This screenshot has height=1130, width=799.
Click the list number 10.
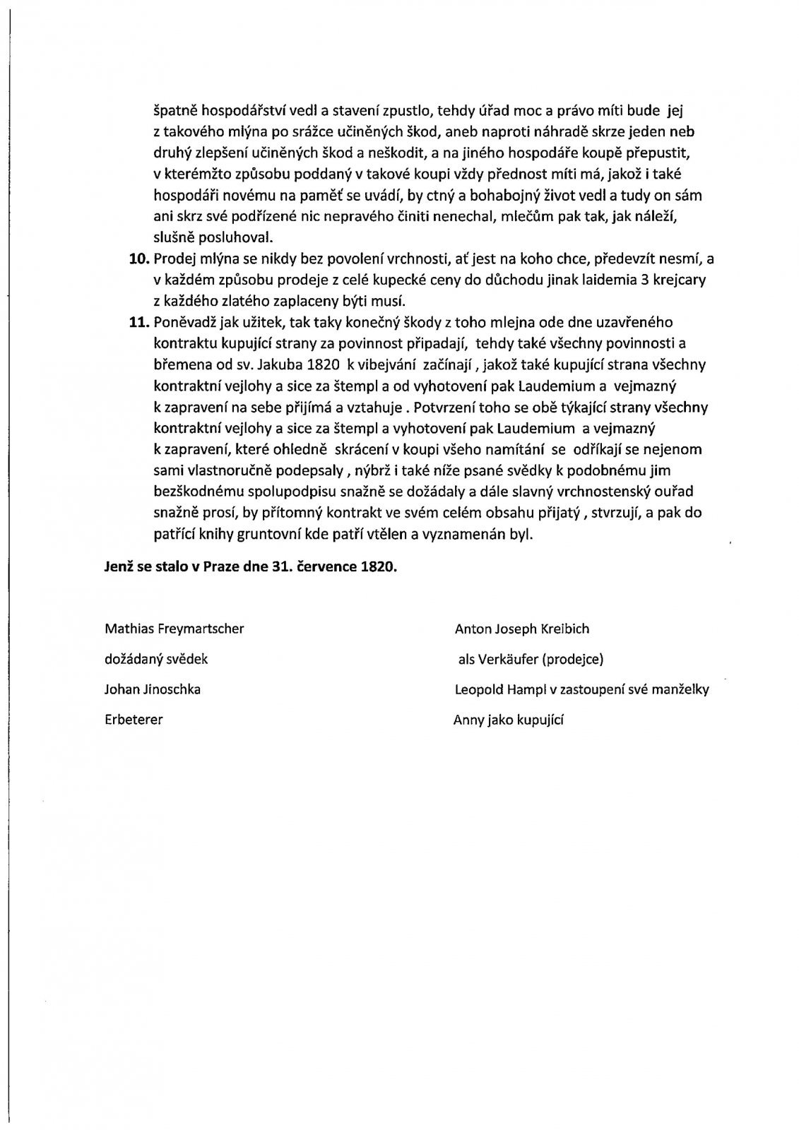coord(141,259)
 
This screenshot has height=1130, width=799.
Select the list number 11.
coord(141,322)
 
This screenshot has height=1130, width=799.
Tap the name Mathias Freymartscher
coord(174,629)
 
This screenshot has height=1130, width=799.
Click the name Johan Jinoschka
coord(153,689)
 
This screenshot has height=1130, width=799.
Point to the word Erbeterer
coord(134,720)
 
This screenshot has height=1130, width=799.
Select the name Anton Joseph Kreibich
coord(522,629)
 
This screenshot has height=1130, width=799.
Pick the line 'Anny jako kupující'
coord(508,720)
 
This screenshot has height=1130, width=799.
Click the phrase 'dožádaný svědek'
coord(156,659)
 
